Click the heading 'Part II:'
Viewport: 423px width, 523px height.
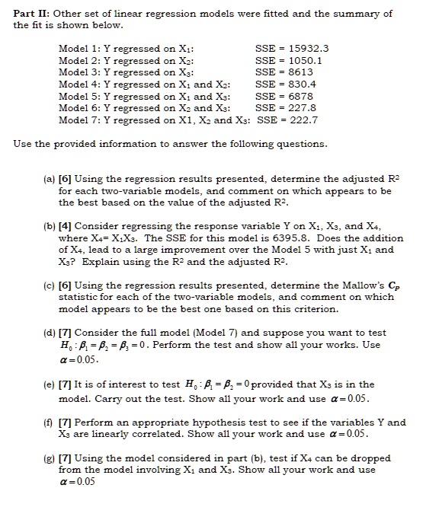31,14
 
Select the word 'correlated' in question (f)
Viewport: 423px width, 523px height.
163,434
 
